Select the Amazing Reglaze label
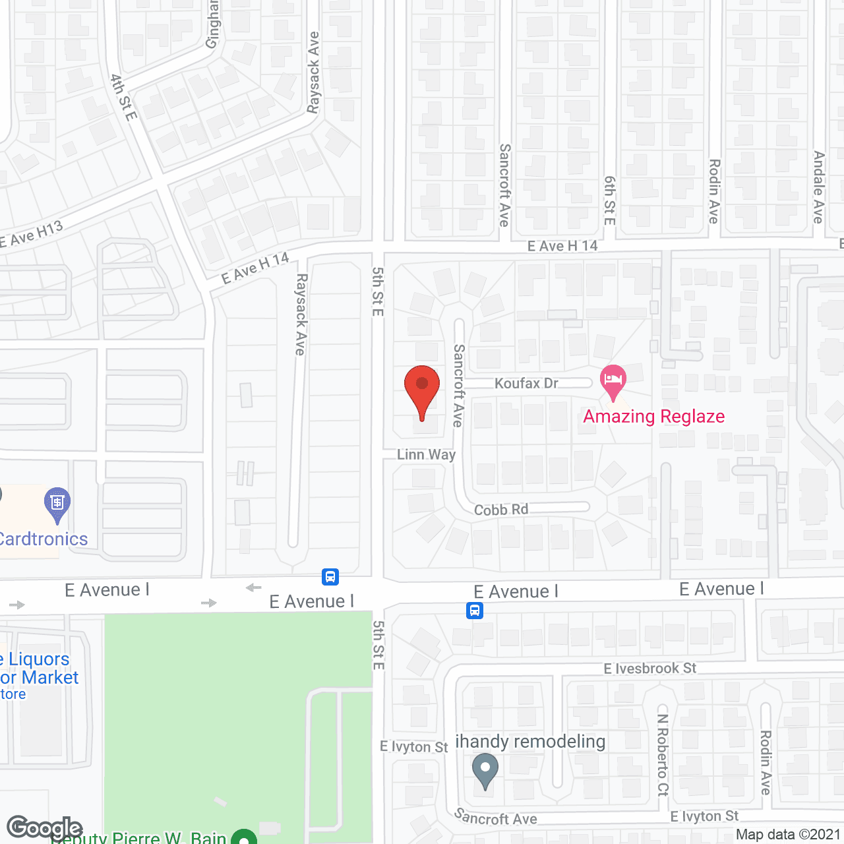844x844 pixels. click(653, 416)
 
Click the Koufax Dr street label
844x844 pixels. click(526, 383)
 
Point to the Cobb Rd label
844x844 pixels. click(501, 510)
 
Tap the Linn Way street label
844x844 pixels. click(426, 454)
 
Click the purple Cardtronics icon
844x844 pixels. click(57, 504)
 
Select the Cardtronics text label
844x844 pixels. click(44, 539)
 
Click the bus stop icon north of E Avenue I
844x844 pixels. click(330, 577)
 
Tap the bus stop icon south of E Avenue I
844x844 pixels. click(475, 611)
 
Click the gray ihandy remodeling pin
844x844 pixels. click(485, 770)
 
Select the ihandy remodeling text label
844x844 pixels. click(530, 741)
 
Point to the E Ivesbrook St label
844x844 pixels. click(649, 669)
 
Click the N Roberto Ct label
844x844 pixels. click(663, 754)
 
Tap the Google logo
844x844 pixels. click(44, 828)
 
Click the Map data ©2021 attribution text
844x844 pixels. click(788, 834)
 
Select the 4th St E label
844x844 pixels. click(123, 98)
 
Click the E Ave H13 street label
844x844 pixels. click(32, 235)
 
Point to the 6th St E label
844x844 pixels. click(610, 200)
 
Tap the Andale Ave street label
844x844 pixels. click(819, 187)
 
